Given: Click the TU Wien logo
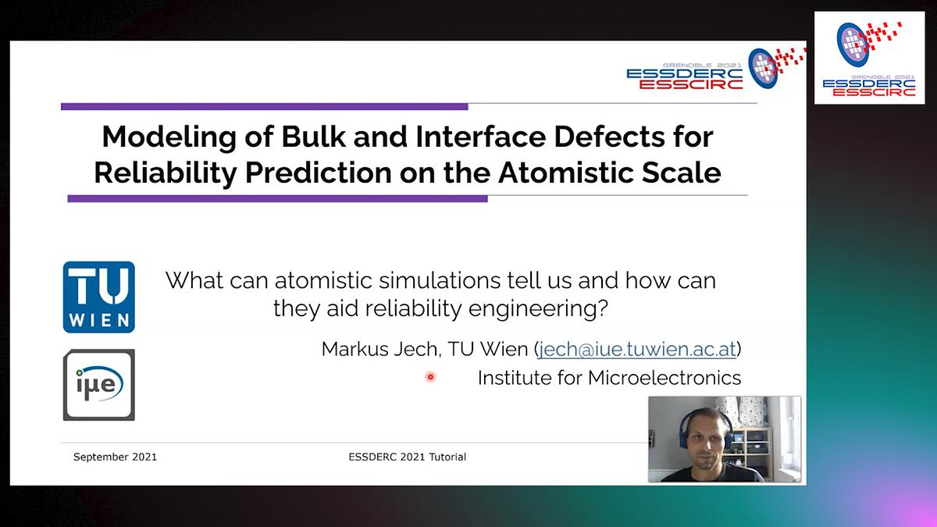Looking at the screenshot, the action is pyautogui.click(x=98, y=297).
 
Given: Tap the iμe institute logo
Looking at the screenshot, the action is pyautogui.click(x=98, y=385).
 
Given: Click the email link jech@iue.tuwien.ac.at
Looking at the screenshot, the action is pyautogui.click(x=636, y=349).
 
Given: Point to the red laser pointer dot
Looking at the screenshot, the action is pyautogui.click(x=430, y=377).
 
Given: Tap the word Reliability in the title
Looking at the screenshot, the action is pyautogui.click(x=166, y=173).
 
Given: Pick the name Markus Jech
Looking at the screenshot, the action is pyautogui.click(x=380, y=349).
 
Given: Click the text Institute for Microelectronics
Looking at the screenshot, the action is pyautogui.click(x=610, y=378).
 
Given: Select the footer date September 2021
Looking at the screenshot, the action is pyautogui.click(x=115, y=457).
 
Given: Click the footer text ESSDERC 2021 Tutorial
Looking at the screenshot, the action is pyautogui.click(x=407, y=457).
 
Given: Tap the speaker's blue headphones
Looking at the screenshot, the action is pyautogui.click(x=686, y=430).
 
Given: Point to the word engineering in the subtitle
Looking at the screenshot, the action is pyautogui.click(x=537, y=309).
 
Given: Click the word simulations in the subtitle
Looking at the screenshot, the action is pyautogui.click(x=440, y=280).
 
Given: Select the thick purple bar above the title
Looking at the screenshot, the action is pyautogui.click(x=265, y=107).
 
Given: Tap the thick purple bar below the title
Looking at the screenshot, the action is pyautogui.click(x=277, y=198).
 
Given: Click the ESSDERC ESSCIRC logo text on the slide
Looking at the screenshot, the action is pyautogui.click(x=684, y=79).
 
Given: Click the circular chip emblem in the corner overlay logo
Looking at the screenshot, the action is pyautogui.click(x=852, y=45).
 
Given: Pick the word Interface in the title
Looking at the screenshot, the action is pyautogui.click(x=481, y=137).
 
